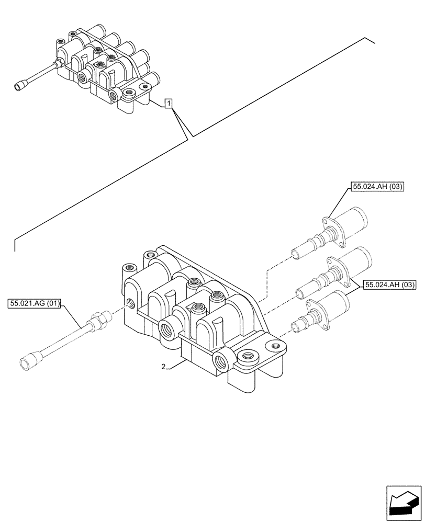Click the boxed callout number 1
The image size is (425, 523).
coord(168,103)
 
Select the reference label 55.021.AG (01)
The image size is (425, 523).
coord(35,303)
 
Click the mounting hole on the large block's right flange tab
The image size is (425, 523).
coord(273,346)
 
